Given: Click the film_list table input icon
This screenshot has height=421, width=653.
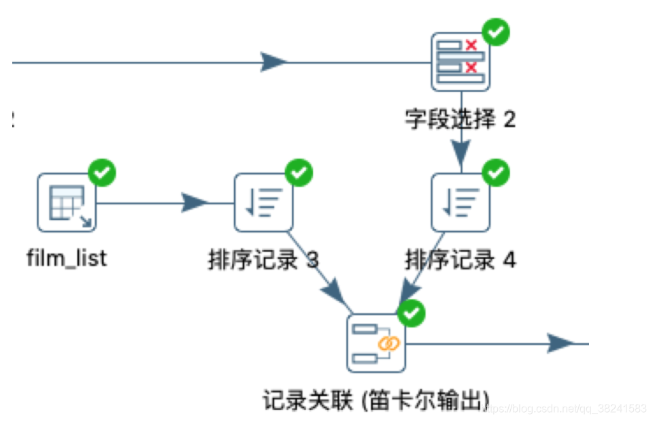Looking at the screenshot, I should click(67, 202).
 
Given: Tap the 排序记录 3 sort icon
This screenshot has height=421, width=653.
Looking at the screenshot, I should click(264, 202).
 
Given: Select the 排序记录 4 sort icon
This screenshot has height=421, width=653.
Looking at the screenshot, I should click(461, 202).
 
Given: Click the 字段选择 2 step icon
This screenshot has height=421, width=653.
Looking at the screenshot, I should click(461, 62).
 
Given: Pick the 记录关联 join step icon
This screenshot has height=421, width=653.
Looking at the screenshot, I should click(376, 343).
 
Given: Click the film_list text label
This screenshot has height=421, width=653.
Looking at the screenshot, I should click(67, 259).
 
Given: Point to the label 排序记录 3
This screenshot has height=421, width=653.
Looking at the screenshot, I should click(263, 260).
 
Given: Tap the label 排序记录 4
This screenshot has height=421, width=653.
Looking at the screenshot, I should click(461, 260).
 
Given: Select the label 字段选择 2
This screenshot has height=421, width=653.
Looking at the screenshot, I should click(461, 120).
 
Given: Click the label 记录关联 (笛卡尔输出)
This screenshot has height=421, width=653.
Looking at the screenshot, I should click(376, 401).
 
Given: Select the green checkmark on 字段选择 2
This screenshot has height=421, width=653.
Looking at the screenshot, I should click(496, 31).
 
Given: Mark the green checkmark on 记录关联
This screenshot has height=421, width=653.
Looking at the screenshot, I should click(412, 313).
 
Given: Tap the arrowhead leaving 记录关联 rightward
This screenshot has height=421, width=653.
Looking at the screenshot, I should click(562, 343).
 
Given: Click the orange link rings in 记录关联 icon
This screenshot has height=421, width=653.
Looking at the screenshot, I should click(388, 344).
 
